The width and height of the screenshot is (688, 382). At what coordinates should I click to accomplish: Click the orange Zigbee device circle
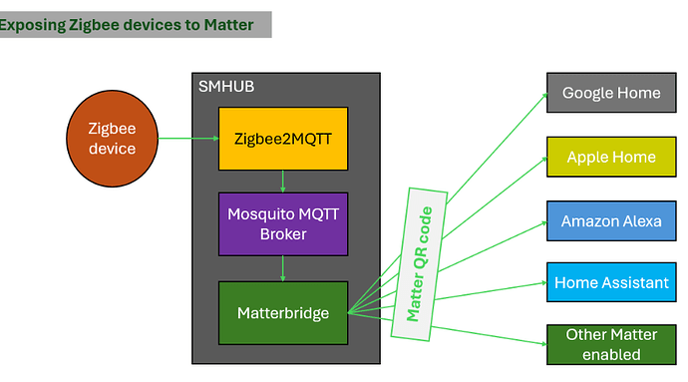112,139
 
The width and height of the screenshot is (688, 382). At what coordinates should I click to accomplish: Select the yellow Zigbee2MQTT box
283,139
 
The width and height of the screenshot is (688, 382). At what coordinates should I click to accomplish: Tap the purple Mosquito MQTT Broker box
283,223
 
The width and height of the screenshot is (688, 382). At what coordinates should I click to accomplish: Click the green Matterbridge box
283,312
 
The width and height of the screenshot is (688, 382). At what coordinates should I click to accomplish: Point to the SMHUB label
226,87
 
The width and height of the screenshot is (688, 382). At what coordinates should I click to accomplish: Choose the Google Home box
610,93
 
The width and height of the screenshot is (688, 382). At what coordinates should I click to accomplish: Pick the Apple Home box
610,157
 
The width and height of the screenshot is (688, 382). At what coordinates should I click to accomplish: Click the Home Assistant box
610,282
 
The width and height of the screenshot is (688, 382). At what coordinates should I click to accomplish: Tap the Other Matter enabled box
610,344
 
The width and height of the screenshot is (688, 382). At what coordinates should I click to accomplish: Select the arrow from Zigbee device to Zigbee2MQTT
188,139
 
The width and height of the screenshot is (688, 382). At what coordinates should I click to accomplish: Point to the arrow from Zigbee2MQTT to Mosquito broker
283,181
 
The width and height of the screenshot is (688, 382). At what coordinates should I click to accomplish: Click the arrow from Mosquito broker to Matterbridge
283,267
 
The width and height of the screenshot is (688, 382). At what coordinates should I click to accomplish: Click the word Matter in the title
228,23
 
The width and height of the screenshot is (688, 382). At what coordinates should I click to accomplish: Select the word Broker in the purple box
283,234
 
